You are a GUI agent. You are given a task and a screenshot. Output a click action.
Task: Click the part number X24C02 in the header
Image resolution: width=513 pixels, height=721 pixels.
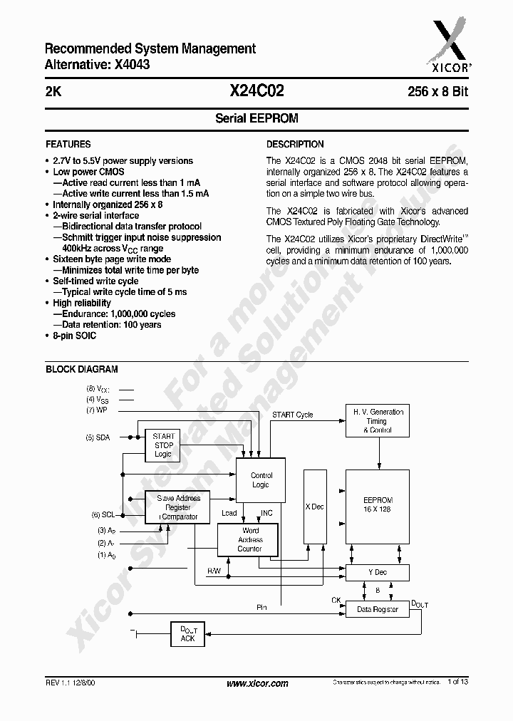click(256, 91)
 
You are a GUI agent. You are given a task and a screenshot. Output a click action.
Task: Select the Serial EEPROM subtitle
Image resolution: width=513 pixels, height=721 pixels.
click(256, 118)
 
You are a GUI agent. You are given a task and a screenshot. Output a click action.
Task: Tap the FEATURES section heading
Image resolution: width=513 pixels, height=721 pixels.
click(68, 144)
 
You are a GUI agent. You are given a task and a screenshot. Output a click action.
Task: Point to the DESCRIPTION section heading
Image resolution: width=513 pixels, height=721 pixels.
click(295, 144)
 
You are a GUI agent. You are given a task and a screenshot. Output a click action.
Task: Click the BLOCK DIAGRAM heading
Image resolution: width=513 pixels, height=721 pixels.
click(82, 369)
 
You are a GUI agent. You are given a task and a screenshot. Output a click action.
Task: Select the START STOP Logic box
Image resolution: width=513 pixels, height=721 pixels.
click(164, 445)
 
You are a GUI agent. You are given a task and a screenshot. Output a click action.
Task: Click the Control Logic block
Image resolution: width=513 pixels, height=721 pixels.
click(261, 479)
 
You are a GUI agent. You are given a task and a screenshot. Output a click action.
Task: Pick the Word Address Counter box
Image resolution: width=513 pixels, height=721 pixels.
click(250, 540)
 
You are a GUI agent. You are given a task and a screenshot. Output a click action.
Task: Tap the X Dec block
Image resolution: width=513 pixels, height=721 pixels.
click(314, 507)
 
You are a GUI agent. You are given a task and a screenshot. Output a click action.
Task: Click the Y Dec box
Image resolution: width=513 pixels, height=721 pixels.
click(378, 573)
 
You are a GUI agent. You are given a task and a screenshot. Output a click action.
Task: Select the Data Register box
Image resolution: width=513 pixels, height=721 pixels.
click(378, 610)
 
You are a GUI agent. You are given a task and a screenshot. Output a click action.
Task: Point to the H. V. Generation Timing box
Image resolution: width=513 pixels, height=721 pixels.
click(378, 421)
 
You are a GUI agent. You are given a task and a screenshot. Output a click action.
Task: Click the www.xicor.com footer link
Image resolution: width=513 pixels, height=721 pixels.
click(257, 684)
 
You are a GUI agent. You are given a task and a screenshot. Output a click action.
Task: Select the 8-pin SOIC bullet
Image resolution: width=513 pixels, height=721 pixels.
click(74, 336)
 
